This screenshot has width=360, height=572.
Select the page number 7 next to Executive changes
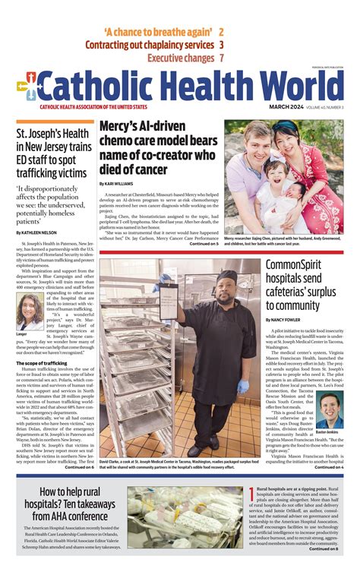coord(221,58)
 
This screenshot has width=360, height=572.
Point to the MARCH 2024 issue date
coord(287,107)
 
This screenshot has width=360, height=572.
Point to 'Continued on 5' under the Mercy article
coord(204,244)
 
